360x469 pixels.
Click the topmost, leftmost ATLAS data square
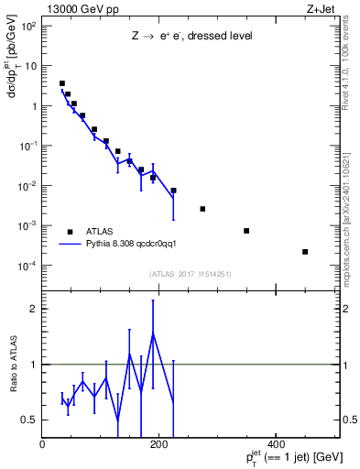point(62,83)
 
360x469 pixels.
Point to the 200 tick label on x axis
point(158,444)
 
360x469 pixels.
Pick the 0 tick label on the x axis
point(42,444)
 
